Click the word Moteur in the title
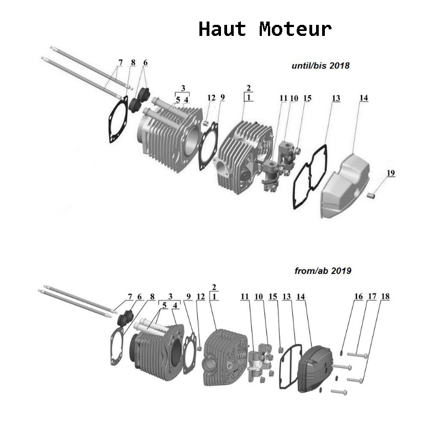(295, 29)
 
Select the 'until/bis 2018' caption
(320, 65)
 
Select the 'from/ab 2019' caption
(323, 271)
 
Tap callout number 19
(391, 173)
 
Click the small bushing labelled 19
(374, 194)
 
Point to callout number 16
(359, 297)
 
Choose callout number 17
(372, 297)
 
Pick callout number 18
(385, 297)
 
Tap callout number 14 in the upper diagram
(364, 98)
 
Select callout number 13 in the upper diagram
(336, 98)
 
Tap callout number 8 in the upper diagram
(133, 63)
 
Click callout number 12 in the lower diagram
(201, 297)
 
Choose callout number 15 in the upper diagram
(308, 98)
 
